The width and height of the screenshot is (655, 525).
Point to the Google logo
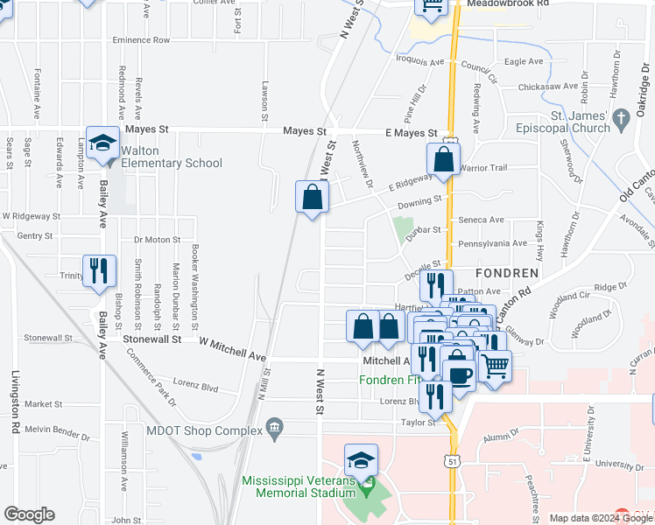click(30, 514)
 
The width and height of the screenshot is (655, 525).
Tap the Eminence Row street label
click(140, 40)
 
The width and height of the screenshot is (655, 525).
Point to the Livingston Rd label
click(16, 402)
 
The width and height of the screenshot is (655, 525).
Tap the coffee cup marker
click(459, 374)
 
